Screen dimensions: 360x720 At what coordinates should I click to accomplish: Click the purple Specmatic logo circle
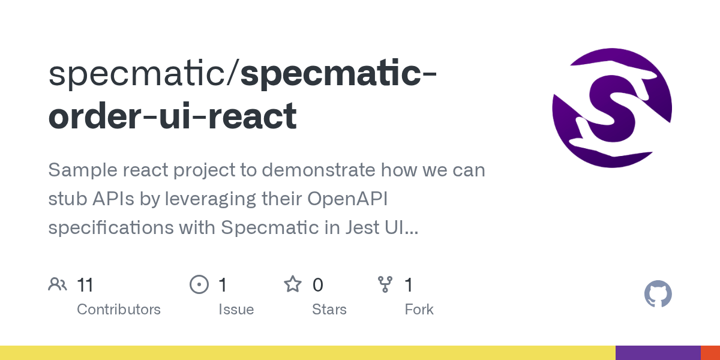point(612,108)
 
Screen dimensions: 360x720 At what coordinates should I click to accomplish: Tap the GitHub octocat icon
point(658,295)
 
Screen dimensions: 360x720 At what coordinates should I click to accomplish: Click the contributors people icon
point(58,284)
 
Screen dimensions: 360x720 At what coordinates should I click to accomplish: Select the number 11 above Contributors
point(85,285)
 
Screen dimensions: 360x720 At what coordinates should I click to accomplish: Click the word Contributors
point(119,310)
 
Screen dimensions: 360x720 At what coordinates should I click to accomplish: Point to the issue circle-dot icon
point(199,284)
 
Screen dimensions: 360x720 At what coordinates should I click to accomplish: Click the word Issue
point(236,310)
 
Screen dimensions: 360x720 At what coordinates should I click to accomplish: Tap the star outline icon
point(293,284)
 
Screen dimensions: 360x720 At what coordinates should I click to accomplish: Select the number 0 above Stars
point(318,285)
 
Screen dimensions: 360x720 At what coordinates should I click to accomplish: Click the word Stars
point(329,310)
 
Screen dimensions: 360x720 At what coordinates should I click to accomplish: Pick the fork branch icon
point(385,284)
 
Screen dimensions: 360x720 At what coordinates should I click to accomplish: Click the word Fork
point(419,310)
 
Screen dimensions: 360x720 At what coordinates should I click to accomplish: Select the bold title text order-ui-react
point(172,116)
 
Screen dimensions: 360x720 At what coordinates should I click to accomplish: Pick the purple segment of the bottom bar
point(658,353)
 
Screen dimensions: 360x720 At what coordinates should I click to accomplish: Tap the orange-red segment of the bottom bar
point(710,353)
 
